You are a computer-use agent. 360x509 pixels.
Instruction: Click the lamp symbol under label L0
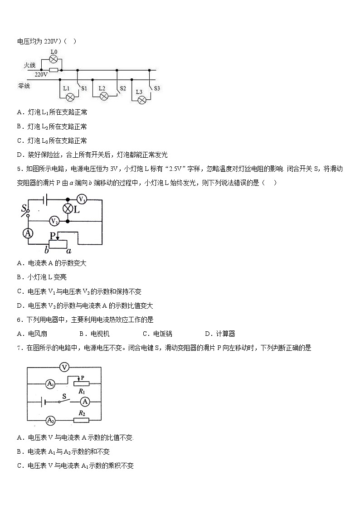click(54, 59)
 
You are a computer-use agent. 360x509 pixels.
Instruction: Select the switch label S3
click(157, 88)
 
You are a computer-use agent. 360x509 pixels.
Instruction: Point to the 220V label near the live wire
click(41, 74)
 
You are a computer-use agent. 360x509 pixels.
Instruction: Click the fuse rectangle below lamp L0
click(54, 70)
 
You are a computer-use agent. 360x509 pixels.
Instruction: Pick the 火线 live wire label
click(29, 66)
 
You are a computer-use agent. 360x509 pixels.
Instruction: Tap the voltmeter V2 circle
click(54, 221)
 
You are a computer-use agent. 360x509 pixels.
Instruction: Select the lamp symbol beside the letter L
click(68, 208)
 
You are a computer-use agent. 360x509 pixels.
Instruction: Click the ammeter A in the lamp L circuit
click(28, 233)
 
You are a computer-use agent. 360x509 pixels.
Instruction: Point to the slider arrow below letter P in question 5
click(58, 238)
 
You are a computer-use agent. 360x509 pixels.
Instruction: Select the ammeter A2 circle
click(51, 420)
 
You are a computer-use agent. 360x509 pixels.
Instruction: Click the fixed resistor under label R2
click(82, 420)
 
